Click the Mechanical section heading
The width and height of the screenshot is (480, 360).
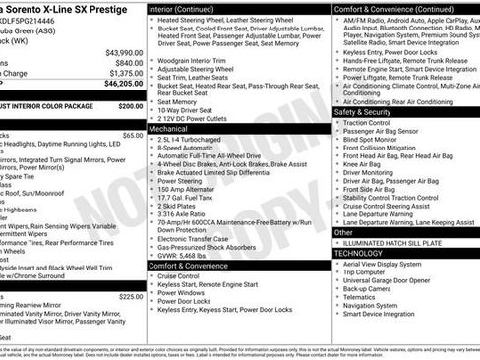click(168, 129)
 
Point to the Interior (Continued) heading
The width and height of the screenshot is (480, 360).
click(190, 8)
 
